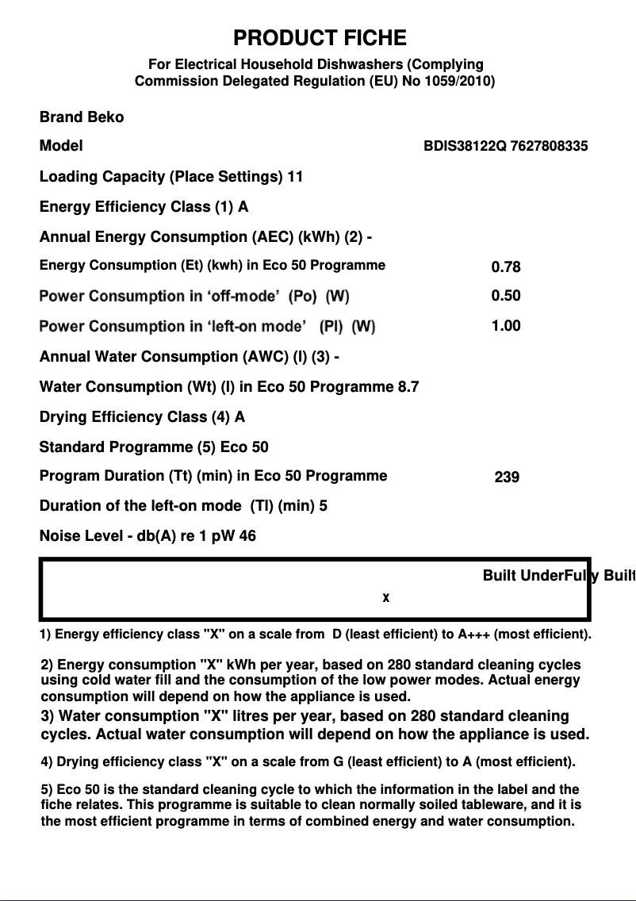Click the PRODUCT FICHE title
pos(320,38)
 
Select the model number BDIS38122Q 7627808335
pos(506,147)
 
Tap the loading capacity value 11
pos(295,177)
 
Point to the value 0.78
pos(506,267)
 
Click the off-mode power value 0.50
pos(506,296)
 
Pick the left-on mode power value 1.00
pos(506,326)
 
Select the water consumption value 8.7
pos(408,387)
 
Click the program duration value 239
pos(507,477)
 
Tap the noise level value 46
pos(247,536)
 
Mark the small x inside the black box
pos(386,597)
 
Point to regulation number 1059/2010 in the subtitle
pos(460,81)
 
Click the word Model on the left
pos(61,147)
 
